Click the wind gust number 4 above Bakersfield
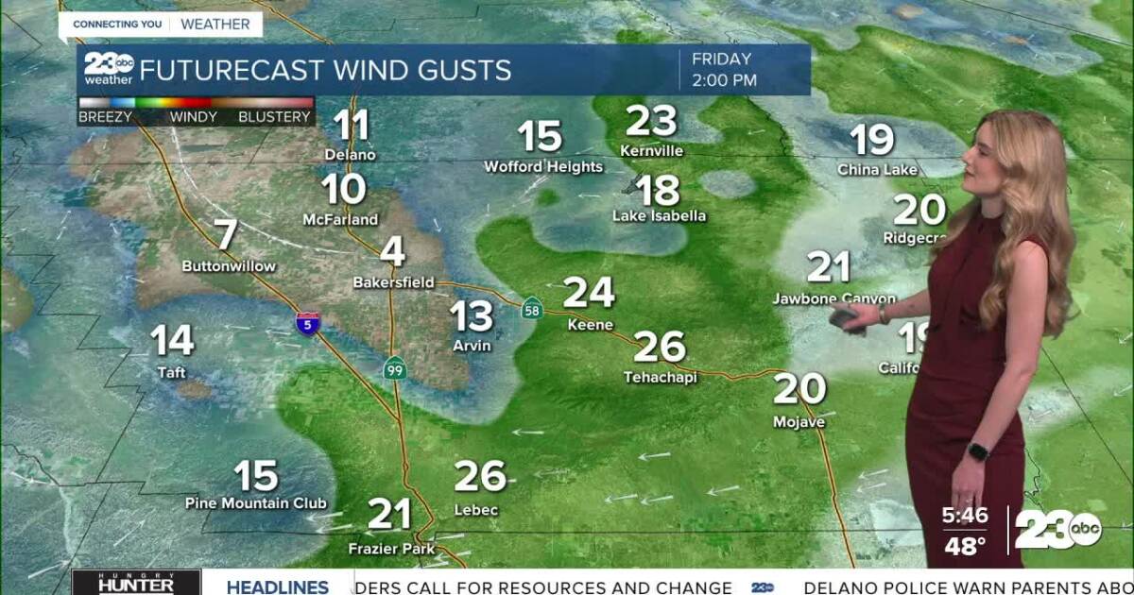(x=393, y=252)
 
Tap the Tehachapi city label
(x=660, y=377)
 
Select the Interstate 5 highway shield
(x=308, y=323)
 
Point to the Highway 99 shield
(x=395, y=369)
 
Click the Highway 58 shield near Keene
(x=533, y=307)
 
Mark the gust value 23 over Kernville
(x=652, y=121)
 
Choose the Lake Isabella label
(x=659, y=216)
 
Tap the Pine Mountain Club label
(x=256, y=503)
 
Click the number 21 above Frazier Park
(x=389, y=515)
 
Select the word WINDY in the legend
(x=193, y=117)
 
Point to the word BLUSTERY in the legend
(x=274, y=117)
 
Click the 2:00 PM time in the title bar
(x=725, y=80)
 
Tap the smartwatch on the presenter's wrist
(x=978, y=451)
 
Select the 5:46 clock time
(x=964, y=517)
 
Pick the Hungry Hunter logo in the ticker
(x=136, y=583)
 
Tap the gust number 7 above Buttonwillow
(x=226, y=235)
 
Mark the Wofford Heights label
(x=543, y=167)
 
